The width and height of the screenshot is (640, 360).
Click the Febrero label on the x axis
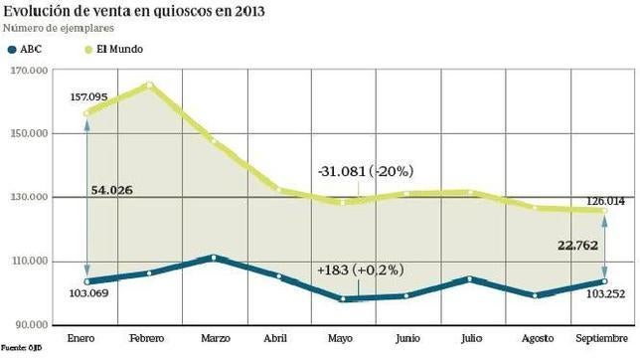pyautogui.click(x=147, y=339)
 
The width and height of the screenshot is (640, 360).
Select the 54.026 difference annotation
pyautogui.click(x=112, y=189)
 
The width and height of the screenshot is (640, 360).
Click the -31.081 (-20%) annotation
pyautogui.click(x=367, y=171)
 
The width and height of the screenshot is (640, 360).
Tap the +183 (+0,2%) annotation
pyautogui.click(x=364, y=270)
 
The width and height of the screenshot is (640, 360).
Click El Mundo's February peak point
pyautogui.click(x=150, y=85)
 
